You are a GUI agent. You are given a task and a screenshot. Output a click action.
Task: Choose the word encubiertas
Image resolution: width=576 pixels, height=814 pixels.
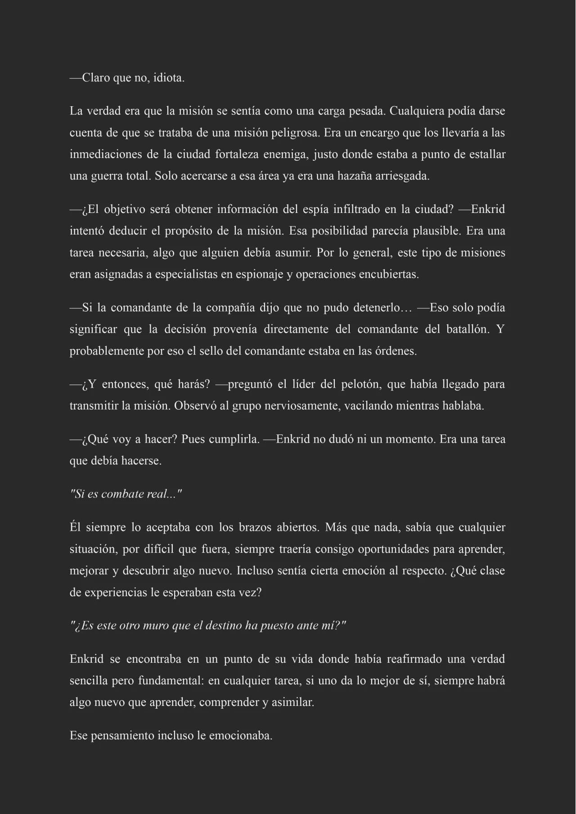tap(389, 274)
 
